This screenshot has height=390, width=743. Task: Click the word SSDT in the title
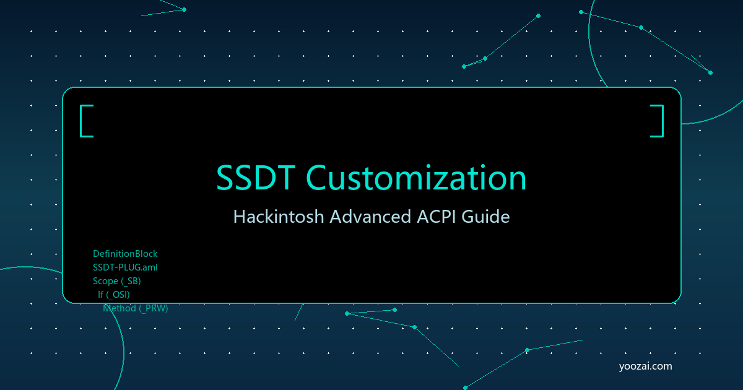click(256, 178)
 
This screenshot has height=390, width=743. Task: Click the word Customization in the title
click(416, 178)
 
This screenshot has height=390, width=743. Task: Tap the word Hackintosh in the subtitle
click(279, 217)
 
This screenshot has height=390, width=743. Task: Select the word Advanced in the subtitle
click(370, 217)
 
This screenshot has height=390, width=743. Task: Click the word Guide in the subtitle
click(485, 217)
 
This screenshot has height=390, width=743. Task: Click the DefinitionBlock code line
click(125, 254)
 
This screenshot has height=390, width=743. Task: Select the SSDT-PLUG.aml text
click(125, 267)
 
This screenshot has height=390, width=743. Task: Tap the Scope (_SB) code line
click(117, 281)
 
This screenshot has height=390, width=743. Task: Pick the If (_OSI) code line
click(114, 295)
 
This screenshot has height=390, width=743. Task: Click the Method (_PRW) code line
click(136, 308)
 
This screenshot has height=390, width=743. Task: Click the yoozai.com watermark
click(645, 366)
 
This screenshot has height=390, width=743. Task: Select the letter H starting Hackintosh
click(240, 217)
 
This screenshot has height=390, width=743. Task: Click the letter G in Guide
click(467, 217)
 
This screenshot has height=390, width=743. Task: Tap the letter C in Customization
click(317, 178)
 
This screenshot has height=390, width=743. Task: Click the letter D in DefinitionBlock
click(96, 254)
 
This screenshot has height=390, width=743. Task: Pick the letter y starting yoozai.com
click(622, 367)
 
